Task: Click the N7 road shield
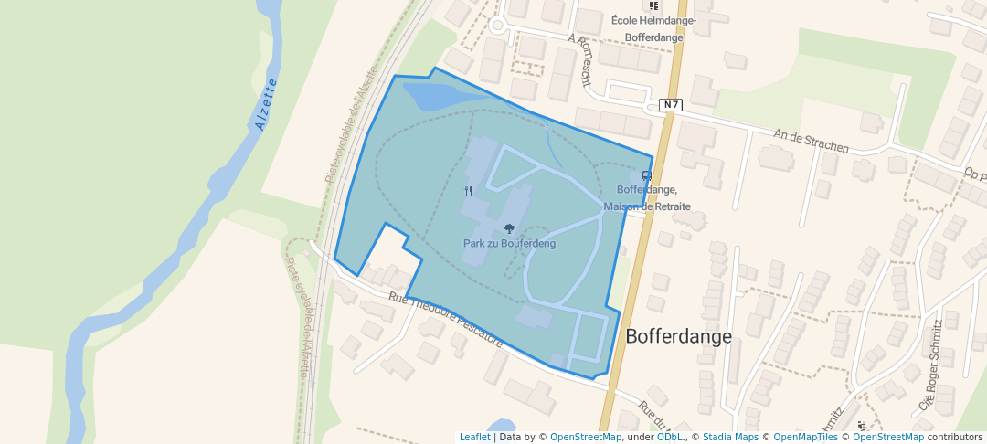(672, 104)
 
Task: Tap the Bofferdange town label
(678, 336)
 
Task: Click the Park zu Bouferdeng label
(509, 244)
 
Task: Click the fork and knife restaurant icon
(469, 191)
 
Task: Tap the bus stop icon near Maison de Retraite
(646, 176)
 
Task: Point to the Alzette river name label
(267, 105)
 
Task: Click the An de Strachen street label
(811, 141)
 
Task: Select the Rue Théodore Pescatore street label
(445, 319)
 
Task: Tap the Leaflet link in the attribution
(474, 437)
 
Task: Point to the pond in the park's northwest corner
(434, 95)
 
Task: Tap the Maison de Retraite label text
(647, 206)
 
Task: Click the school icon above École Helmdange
(653, 5)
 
